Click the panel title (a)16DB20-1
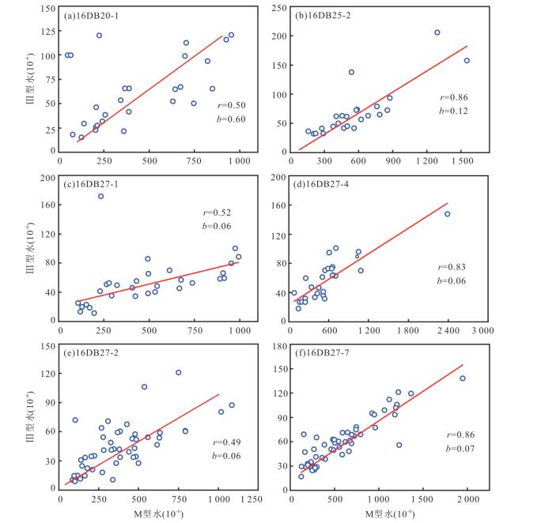(91, 16)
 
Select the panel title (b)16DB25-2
(323, 16)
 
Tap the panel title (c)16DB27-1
(91, 184)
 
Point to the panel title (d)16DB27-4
(321, 184)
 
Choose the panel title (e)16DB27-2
(91, 353)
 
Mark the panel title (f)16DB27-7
(322, 353)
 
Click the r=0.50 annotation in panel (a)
(232, 105)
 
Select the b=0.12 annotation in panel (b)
(453, 111)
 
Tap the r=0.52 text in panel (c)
(217, 213)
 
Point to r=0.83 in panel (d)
(452, 267)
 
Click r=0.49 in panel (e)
(227, 442)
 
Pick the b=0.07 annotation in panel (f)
(460, 448)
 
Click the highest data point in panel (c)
(100, 197)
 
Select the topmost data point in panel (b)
(437, 32)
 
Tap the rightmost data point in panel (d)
(447, 214)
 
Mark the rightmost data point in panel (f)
(463, 378)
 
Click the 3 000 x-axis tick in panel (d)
(482, 331)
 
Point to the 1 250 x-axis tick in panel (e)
(252, 499)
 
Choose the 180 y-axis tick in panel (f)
(280, 346)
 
